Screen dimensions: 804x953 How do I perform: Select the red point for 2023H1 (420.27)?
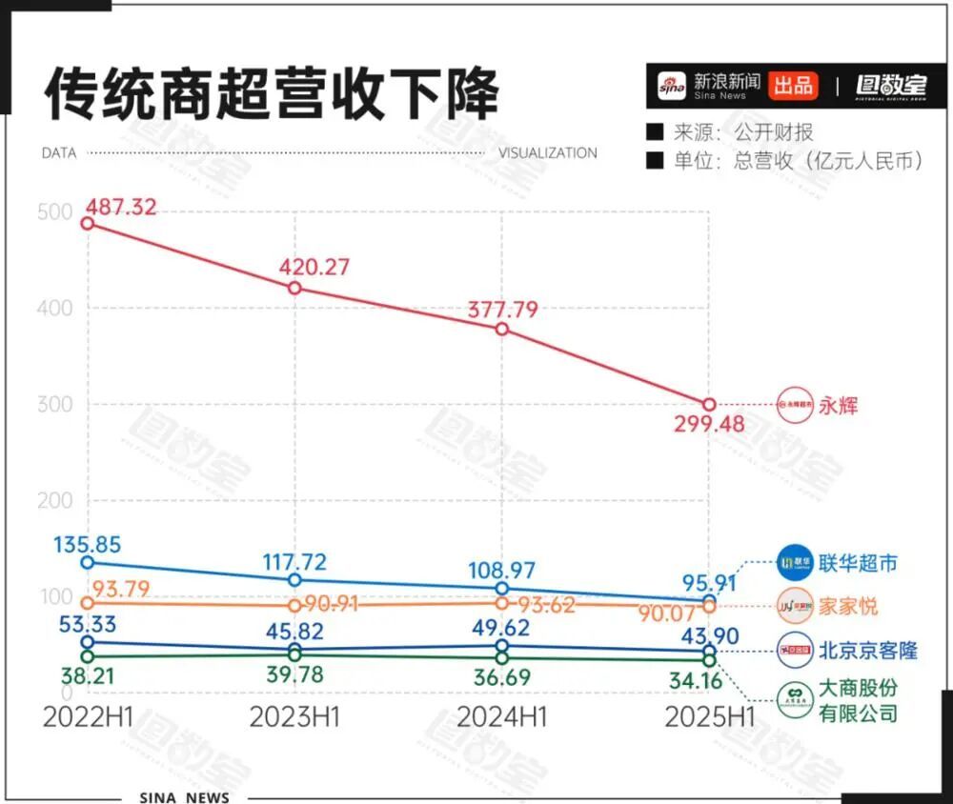point(295,288)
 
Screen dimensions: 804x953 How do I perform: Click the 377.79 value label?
point(501,310)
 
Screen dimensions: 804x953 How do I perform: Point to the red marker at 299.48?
point(709,405)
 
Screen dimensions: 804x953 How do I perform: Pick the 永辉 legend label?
point(839,406)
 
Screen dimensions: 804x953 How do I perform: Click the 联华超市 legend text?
point(858,563)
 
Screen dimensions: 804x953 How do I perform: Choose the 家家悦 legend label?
point(848,606)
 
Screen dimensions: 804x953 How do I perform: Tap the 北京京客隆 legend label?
point(867,651)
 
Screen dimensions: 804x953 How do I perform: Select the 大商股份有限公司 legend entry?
point(858,700)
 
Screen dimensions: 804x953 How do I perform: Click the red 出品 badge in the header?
point(792,86)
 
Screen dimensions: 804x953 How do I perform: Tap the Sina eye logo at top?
point(672,87)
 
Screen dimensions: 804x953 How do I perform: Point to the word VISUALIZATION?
point(548,152)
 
